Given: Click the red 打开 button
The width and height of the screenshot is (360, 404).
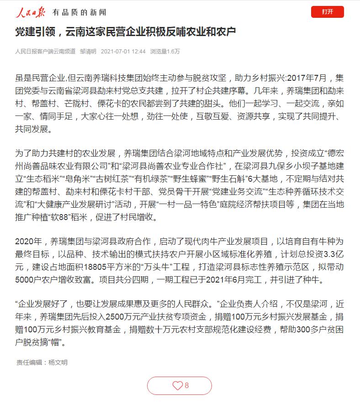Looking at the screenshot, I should [327, 12].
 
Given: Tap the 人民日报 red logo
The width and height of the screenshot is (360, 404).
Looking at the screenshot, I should [31, 12].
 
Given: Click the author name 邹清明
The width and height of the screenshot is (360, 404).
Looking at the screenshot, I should [88, 52].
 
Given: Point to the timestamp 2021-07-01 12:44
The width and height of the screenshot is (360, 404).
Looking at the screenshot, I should [123, 52].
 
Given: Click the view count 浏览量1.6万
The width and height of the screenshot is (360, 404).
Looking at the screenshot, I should [165, 52].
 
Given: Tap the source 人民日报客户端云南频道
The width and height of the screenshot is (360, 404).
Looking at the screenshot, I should [45, 52].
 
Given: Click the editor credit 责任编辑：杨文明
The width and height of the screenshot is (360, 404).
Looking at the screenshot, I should [42, 362].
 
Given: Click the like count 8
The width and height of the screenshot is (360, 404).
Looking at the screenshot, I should [186, 386].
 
